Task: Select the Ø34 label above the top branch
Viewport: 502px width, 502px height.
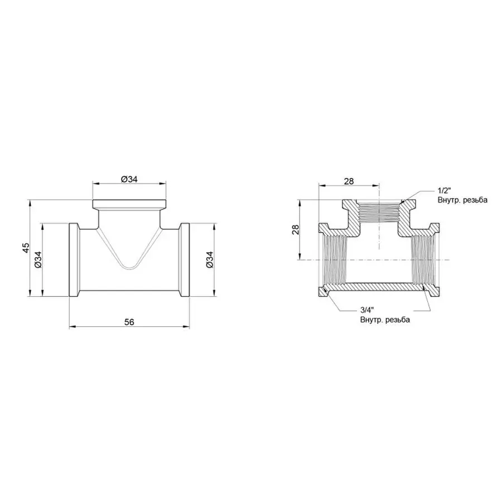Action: (x=129, y=178)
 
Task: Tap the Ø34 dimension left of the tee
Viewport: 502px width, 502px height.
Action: (x=38, y=260)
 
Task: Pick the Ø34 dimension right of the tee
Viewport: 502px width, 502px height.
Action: (x=210, y=260)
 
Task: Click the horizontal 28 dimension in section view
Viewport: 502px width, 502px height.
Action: (x=349, y=181)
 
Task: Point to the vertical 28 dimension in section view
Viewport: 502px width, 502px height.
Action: (x=295, y=229)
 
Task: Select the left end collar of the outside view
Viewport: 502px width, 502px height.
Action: (x=73, y=260)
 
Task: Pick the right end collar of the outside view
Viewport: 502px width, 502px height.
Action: (x=185, y=260)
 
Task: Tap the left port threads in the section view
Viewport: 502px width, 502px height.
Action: (x=333, y=260)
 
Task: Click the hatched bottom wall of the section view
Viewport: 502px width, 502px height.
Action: (x=380, y=286)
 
